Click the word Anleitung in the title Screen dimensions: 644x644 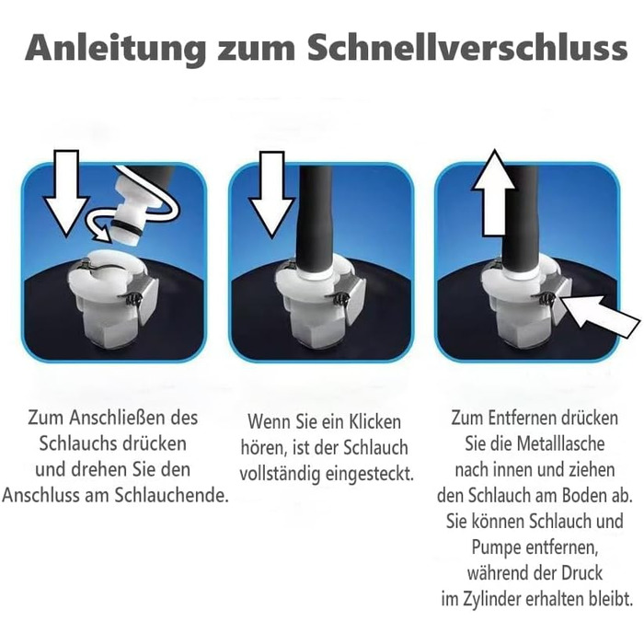[115, 49]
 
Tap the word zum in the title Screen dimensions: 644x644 [256, 50]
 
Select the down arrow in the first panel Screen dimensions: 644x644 [65, 193]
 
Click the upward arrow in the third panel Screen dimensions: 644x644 [494, 193]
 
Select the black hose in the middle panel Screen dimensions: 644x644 [316, 218]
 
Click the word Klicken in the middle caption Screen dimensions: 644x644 [374, 422]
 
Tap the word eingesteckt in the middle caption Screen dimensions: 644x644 [370, 475]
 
